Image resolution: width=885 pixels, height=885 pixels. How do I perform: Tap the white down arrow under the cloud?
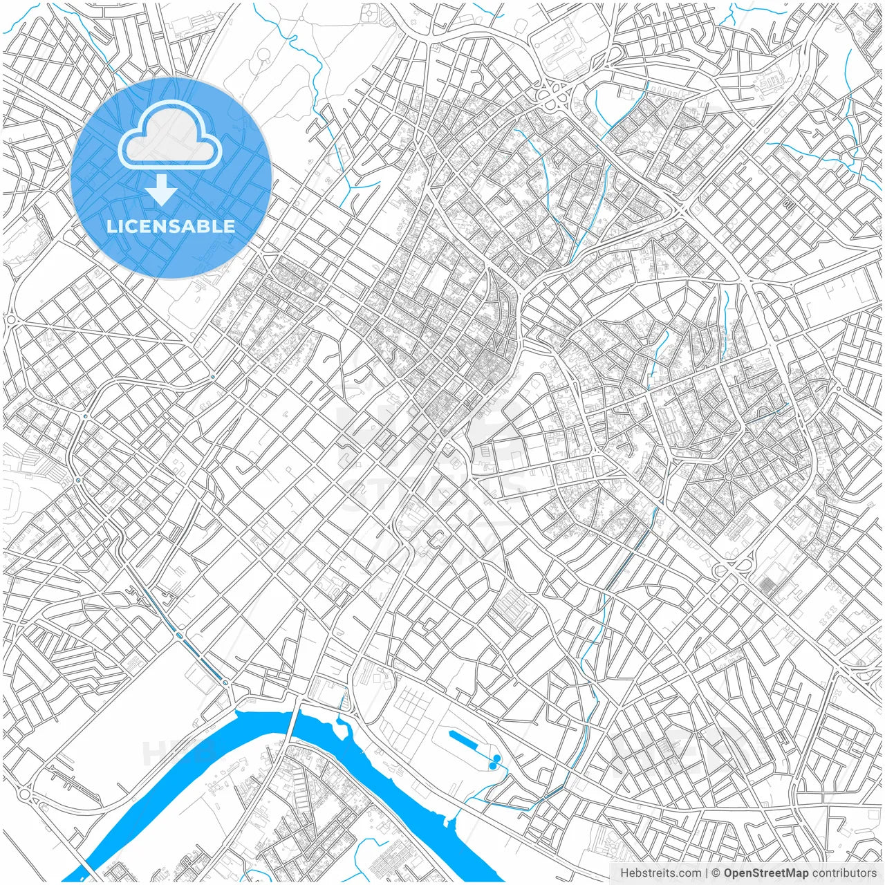(x=161, y=191)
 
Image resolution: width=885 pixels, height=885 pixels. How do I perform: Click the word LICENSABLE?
(x=171, y=226)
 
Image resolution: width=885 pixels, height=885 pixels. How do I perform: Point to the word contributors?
(x=844, y=873)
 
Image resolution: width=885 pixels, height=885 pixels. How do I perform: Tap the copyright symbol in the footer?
(x=716, y=873)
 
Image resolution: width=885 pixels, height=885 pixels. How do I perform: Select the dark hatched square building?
(x=767, y=587)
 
